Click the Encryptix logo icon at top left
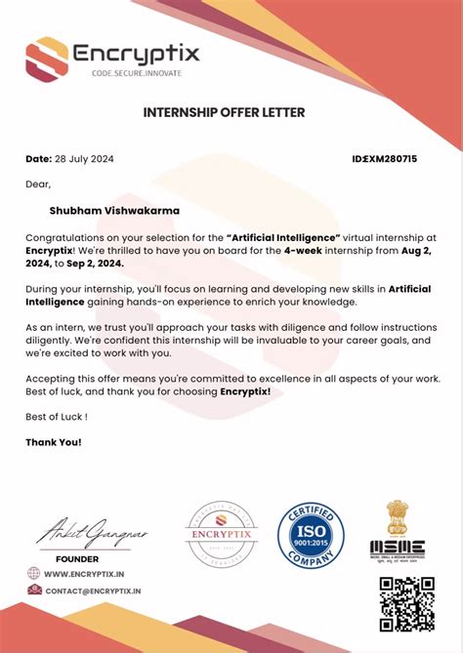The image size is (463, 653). (47, 58)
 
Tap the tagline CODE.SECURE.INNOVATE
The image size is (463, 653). (136, 73)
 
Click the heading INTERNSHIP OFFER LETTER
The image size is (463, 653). (224, 112)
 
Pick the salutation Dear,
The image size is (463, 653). (37, 184)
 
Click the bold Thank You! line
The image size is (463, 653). (54, 442)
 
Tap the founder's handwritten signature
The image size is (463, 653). (77, 535)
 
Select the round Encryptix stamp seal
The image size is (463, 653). (221, 533)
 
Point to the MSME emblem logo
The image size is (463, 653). (397, 532)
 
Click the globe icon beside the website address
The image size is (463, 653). (34, 574)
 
